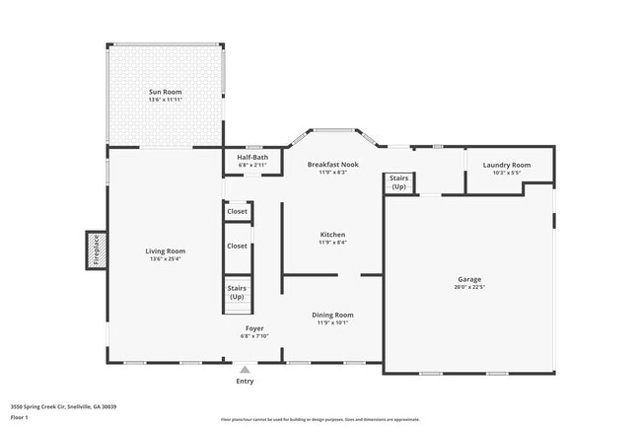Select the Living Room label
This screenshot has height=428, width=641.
click(166, 250)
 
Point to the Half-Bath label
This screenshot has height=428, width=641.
click(252, 158)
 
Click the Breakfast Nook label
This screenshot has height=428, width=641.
click(332, 164)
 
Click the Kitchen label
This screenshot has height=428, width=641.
click(332, 234)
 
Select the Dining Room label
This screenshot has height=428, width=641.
click(332, 315)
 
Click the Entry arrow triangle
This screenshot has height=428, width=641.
click(245, 369)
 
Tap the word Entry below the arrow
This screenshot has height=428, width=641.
click(245, 381)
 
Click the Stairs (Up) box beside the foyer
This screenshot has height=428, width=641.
click(238, 292)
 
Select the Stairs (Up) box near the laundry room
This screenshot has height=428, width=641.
click(398, 182)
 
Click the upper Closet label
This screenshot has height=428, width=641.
click(238, 211)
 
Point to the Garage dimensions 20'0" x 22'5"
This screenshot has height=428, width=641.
click(469, 287)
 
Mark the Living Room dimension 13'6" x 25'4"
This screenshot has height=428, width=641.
click(166, 259)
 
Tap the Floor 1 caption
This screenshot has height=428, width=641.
click(20, 417)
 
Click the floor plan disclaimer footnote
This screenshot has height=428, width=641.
click(320, 418)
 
